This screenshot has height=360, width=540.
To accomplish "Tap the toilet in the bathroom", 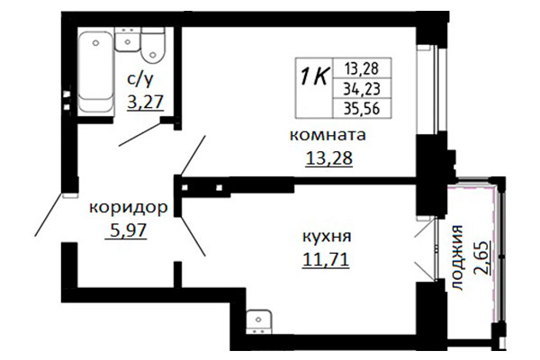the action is coord(153,46).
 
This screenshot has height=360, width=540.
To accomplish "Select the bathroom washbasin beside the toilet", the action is coord(128,40).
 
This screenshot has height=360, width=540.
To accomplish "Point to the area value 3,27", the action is coord(145,103).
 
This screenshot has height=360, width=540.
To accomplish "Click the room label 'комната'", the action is coord(328,135).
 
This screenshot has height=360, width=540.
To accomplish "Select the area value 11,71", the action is coord(326,260).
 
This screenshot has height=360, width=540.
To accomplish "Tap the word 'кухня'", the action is coord(327,238).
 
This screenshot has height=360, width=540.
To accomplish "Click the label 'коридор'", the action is coord(129,208).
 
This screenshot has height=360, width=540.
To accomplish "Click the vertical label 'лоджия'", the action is coord(457,257).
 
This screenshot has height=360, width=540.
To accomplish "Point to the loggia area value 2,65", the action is coord(482,257).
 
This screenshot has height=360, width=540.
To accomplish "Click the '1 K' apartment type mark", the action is coord(314,76).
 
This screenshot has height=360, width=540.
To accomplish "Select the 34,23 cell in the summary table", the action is coord(362,89).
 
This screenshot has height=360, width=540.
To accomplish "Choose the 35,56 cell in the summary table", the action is coord(362,109).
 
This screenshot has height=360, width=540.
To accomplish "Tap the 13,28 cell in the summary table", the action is coord(362,68).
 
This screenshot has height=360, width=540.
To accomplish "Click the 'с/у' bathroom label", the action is coord(140,80).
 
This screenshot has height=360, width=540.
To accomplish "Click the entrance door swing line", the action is coord(49,214).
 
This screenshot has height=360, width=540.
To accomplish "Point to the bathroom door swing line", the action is coord(139,134).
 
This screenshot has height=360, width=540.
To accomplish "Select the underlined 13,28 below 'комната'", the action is coord(329,158).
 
